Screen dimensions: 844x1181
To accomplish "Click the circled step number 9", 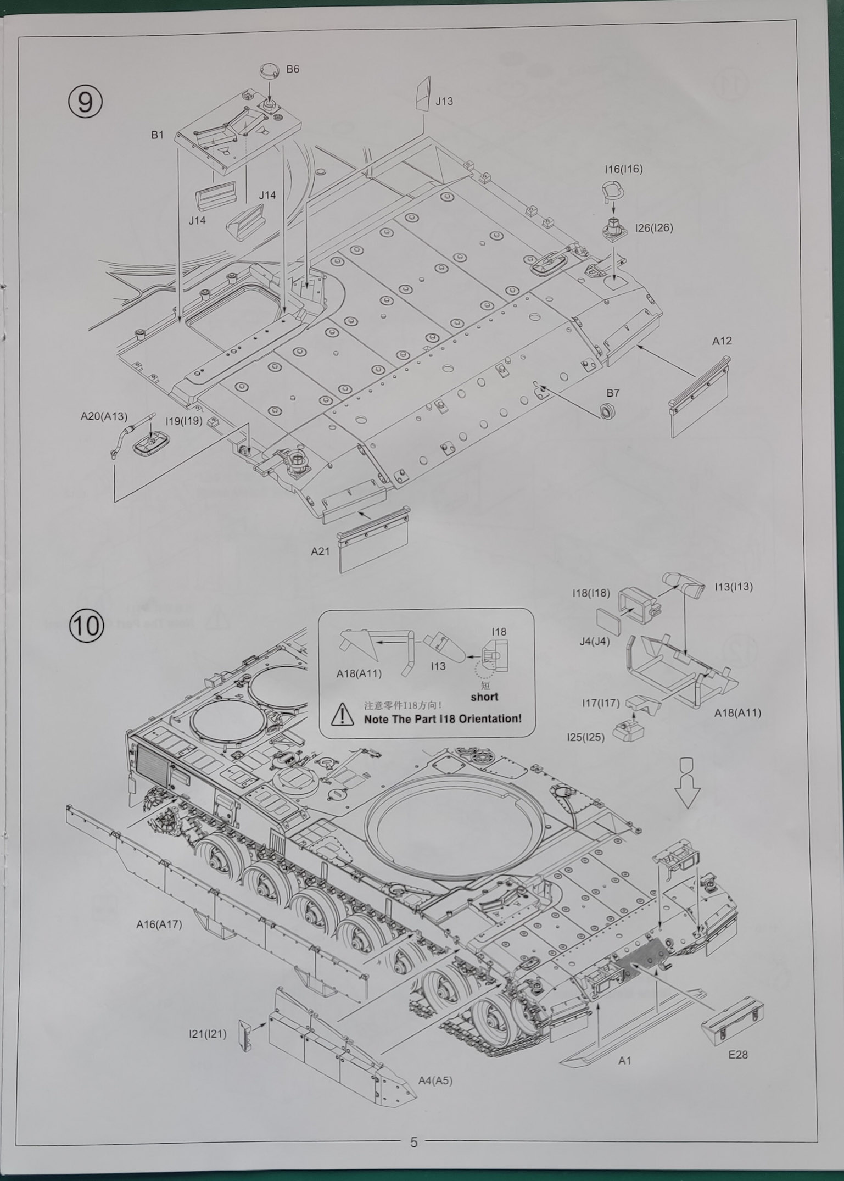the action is (x=85, y=102).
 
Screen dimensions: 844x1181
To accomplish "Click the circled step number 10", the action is (x=86, y=627).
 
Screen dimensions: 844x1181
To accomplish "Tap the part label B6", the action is (x=293, y=69).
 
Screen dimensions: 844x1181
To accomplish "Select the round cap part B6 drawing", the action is (x=269, y=71).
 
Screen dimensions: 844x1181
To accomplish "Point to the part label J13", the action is (x=444, y=101).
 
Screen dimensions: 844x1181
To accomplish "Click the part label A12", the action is (x=722, y=341).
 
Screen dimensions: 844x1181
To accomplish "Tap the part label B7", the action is (x=613, y=393).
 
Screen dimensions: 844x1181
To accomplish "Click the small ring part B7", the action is (x=607, y=410).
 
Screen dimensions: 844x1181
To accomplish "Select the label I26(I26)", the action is (x=653, y=227).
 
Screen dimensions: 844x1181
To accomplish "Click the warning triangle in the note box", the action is (x=343, y=714).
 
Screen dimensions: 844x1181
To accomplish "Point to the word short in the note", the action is (x=484, y=697).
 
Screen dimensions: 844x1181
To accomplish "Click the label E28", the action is (x=737, y=1054).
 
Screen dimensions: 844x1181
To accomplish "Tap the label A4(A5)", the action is (x=435, y=1080).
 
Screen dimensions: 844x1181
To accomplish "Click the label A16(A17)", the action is (x=159, y=924).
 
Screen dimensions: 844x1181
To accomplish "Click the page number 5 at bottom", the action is (x=413, y=1142).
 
